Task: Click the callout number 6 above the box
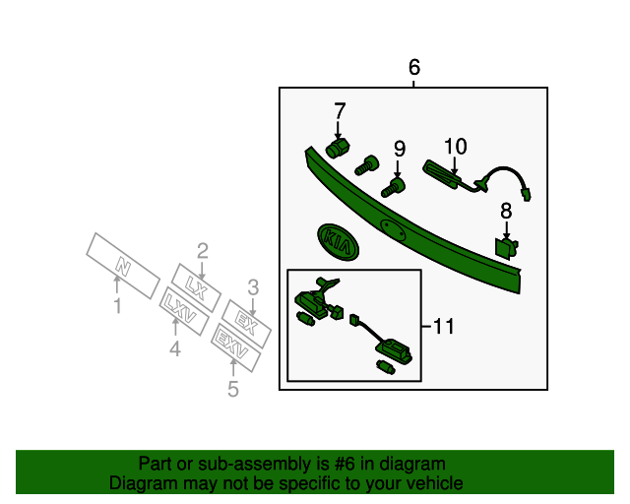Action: [x=413, y=68]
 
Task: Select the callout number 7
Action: [x=340, y=110]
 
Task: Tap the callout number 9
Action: [x=400, y=149]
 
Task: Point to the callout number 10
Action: [x=454, y=147]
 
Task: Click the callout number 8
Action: [x=506, y=211]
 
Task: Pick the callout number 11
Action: [x=444, y=327]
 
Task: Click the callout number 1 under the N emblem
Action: [x=117, y=307]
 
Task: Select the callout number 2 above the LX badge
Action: [x=203, y=250]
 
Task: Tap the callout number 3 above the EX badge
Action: [x=253, y=287]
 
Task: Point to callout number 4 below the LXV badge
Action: [x=174, y=348]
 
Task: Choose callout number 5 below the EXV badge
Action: [x=233, y=390]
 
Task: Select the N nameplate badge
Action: [x=122, y=264]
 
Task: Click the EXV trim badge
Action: [x=235, y=347]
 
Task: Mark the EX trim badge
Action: [x=246, y=322]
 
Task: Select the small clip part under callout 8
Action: [x=507, y=245]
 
